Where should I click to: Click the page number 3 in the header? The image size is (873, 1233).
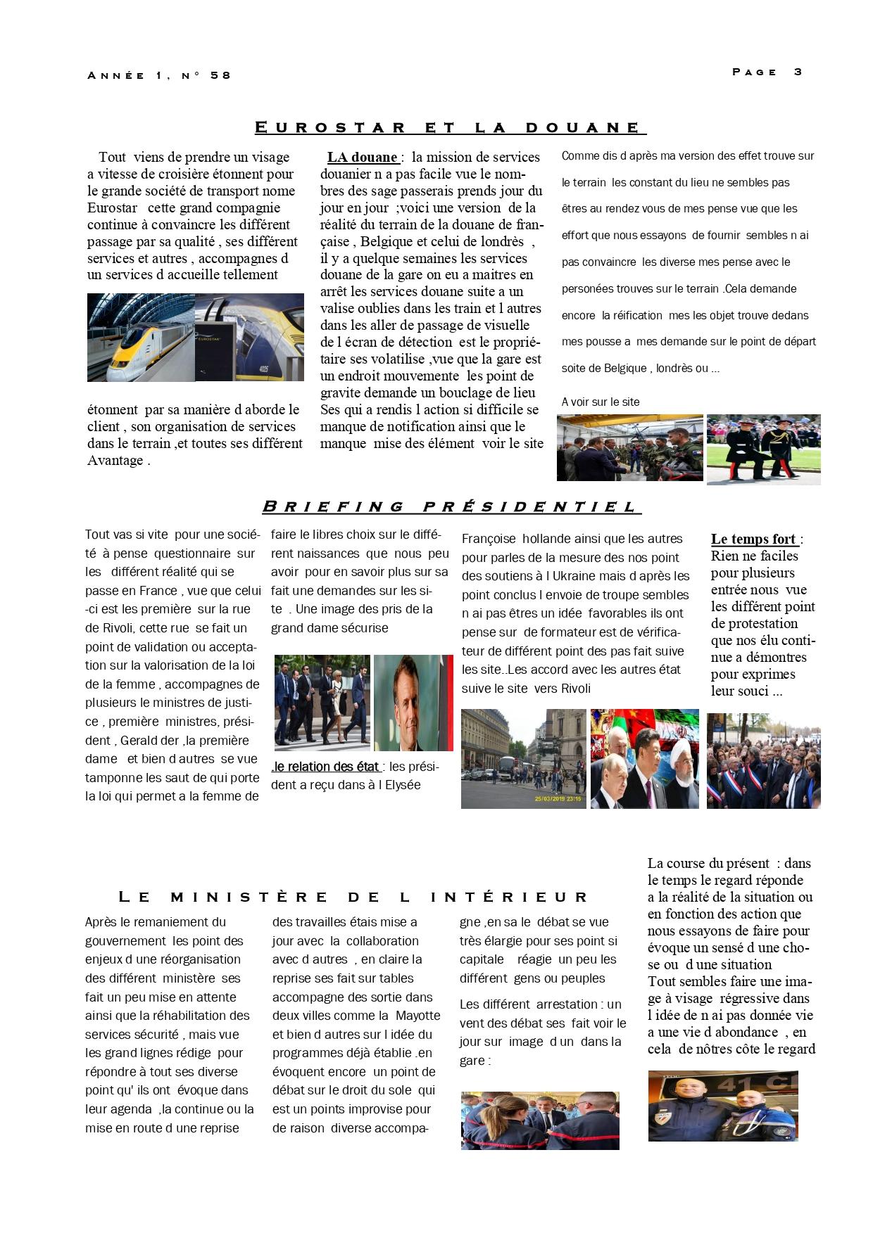coord(798,72)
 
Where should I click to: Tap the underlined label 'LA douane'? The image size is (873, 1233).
coord(363,158)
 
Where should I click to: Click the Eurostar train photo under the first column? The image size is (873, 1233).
coord(195,338)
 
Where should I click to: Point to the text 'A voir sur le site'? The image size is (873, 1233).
coord(601,402)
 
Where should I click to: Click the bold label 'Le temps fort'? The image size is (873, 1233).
coord(753,539)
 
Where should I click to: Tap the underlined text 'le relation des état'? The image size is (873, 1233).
coord(326,767)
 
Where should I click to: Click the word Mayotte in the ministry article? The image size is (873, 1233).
coord(417,1016)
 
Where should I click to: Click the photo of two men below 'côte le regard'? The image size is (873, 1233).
coord(722,1106)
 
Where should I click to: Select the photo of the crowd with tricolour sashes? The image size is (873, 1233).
coord(763,760)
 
